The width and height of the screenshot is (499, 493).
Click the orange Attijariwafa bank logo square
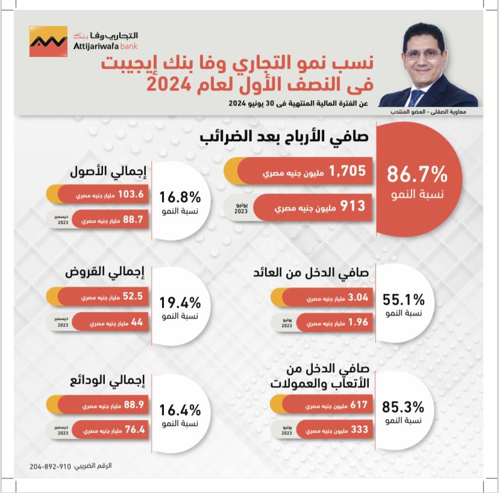point(48,41)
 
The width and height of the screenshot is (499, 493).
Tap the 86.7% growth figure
point(416,175)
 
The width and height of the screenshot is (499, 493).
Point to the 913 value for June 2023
point(353,206)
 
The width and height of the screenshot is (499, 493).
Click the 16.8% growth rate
point(180,197)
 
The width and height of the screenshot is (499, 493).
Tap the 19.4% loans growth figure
point(180,302)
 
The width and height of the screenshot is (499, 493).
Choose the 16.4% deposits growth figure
point(180,411)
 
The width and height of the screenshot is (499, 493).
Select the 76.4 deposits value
point(131,430)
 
